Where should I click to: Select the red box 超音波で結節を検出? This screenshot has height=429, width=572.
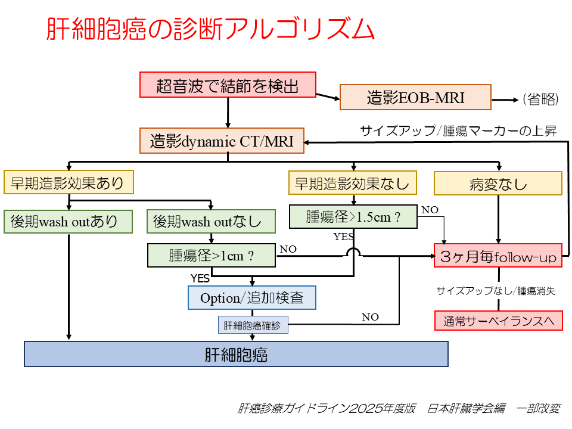click(x=228, y=85)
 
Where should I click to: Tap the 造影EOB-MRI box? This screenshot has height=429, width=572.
click(x=415, y=97)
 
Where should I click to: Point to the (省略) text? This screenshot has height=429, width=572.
click(x=540, y=99)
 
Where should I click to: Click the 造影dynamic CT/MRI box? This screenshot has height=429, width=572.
click(x=222, y=141)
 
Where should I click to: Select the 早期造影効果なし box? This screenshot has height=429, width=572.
click(x=353, y=183)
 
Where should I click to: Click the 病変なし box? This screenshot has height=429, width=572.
click(x=498, y=183)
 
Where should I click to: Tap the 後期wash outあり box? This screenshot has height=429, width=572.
click(x=69, y=222)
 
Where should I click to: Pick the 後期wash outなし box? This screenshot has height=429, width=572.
click(x=212, y=222)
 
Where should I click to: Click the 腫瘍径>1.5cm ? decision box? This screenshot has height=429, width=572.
click(x=353, y=217)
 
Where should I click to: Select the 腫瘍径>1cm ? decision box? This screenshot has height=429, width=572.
click(x=212, y=256)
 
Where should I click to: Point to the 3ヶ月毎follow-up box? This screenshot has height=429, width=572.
click(x=498, y=256)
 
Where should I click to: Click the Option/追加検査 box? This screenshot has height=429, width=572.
click(x=252, y=298)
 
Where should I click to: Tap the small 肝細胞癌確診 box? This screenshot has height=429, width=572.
click(x=253, y=325)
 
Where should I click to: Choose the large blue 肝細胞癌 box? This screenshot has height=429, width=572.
click(x=236, y=354)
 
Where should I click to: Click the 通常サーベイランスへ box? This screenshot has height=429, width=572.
click(x=498, y=321)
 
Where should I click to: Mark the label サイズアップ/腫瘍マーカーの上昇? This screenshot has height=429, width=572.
click(x=458, y=131)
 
